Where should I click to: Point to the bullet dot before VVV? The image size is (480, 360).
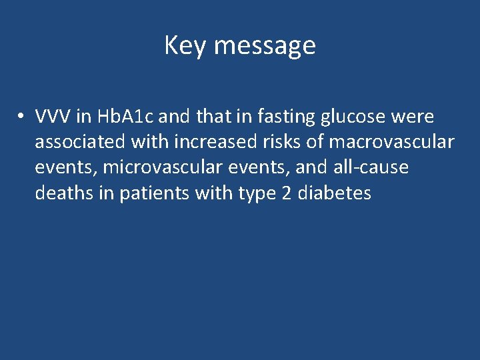click(22, 117)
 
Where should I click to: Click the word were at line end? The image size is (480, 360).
click(413, 117)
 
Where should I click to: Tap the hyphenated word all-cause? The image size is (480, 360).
click(371, 168)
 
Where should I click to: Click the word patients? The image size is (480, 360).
click(153, 193)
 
